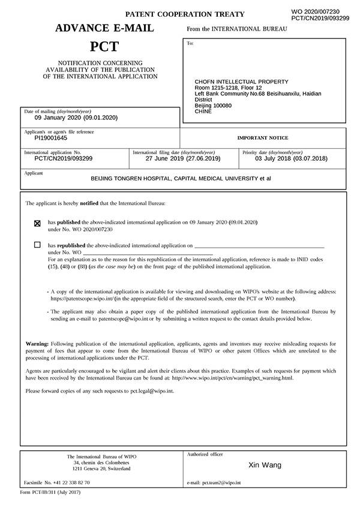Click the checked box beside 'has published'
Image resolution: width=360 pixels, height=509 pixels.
[38, 223]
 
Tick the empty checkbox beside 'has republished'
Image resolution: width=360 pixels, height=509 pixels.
[38, 245]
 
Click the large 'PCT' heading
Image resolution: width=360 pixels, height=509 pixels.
[104, 46]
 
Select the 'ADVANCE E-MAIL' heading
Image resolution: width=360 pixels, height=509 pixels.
[104, 28]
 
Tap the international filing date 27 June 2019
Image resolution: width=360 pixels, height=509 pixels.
[182, 159]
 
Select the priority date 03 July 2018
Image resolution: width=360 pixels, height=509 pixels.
[292, 159]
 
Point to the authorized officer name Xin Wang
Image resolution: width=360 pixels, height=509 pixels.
[265, 465]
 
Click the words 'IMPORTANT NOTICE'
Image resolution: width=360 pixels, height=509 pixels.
[262, 138]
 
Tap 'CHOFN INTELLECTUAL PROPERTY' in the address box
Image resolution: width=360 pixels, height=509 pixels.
[242, 82]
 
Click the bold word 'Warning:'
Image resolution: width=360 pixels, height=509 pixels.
[41, 343]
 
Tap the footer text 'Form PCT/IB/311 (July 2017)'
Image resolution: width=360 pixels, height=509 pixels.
[50, 492]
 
